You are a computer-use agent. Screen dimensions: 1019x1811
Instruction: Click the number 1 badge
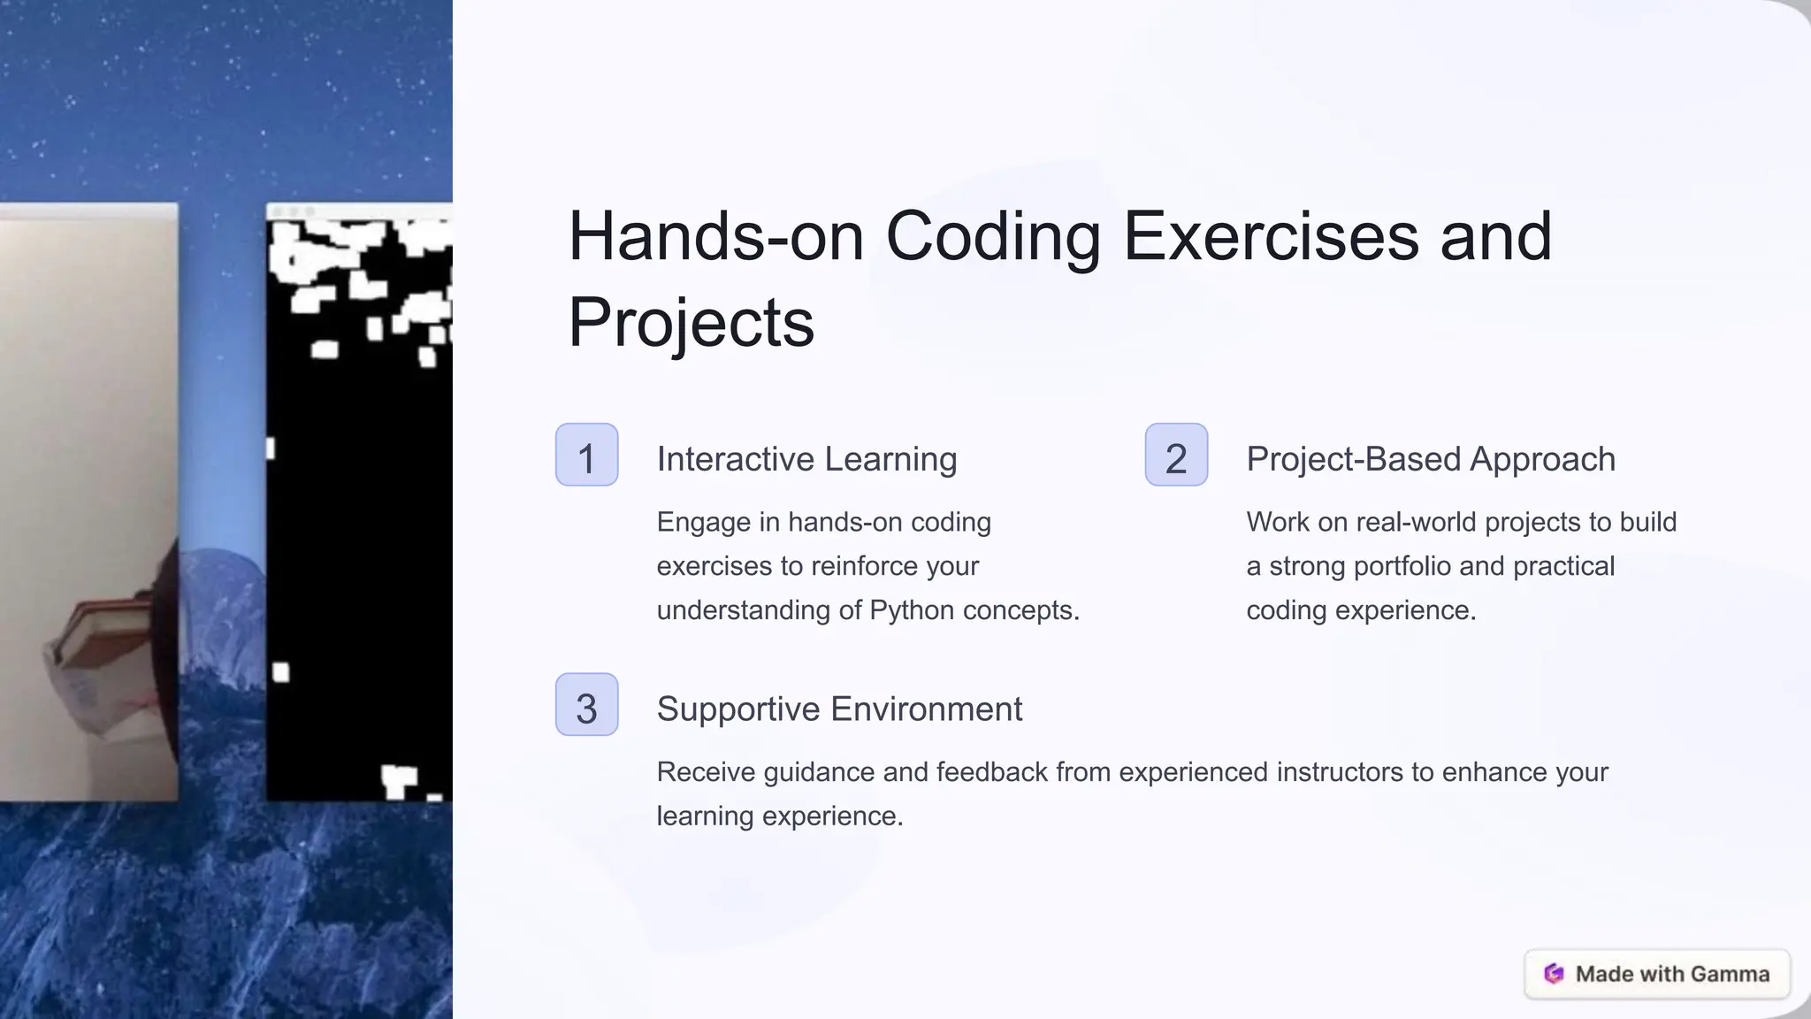pos(586,455)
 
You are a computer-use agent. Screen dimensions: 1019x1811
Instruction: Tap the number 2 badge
pos(1176,455)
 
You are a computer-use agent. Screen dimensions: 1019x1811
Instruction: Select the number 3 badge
pos(586,705)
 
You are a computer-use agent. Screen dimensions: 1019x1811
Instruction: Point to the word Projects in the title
pos(691,323)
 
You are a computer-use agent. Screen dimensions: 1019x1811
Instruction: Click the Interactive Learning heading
pos(806,459)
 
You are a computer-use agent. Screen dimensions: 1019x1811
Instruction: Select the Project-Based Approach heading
pos(1430,459)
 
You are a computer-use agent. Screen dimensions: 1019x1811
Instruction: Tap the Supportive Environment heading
pos(839,709)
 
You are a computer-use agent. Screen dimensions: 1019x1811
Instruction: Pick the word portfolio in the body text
pos(1402,566)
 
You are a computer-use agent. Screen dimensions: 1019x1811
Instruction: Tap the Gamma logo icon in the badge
pos(1554,974)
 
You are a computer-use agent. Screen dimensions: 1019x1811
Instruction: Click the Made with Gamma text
pos(1672,974)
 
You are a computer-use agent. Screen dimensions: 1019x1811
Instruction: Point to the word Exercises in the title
pos(1271,237)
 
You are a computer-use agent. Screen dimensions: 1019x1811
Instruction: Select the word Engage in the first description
pos(704,523)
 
